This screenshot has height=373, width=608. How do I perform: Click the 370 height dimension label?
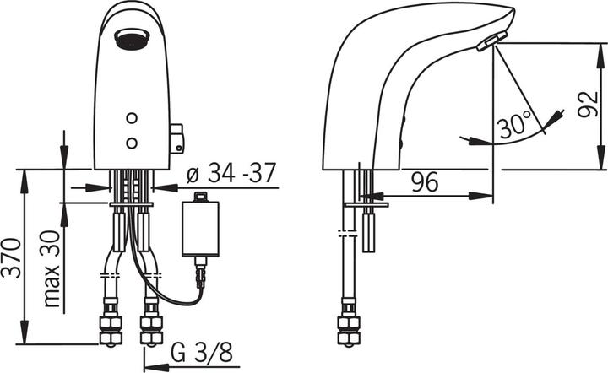coord(11,258)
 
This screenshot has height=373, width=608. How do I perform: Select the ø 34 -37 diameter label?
coord(231,173)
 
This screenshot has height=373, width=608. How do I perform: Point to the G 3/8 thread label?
coord(202,353)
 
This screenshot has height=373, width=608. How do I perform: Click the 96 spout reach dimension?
coord(425,182)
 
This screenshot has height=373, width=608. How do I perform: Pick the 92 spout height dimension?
coord(588,105)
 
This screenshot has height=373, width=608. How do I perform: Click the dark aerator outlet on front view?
coord(132,39)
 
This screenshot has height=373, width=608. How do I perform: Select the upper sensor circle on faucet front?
coord(132,118)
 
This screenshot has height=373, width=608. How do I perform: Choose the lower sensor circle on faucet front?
coord(132,143)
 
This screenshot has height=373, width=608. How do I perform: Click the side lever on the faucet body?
coord(176,138)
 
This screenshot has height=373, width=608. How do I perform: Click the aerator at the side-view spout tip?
coord(491,41)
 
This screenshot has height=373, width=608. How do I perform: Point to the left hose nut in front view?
coord(111,328)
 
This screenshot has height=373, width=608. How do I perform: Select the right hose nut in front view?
coord(151,328)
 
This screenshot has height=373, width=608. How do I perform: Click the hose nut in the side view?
coord(349,328)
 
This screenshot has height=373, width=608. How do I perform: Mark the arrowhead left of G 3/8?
coord(156,366)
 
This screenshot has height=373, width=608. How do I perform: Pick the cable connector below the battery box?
coord(200,273)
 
